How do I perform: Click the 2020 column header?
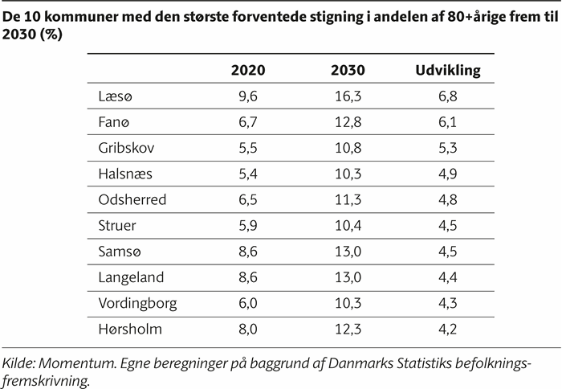coord(247,70)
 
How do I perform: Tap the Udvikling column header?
coord(447,70)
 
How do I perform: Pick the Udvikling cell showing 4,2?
coord(447,330)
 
